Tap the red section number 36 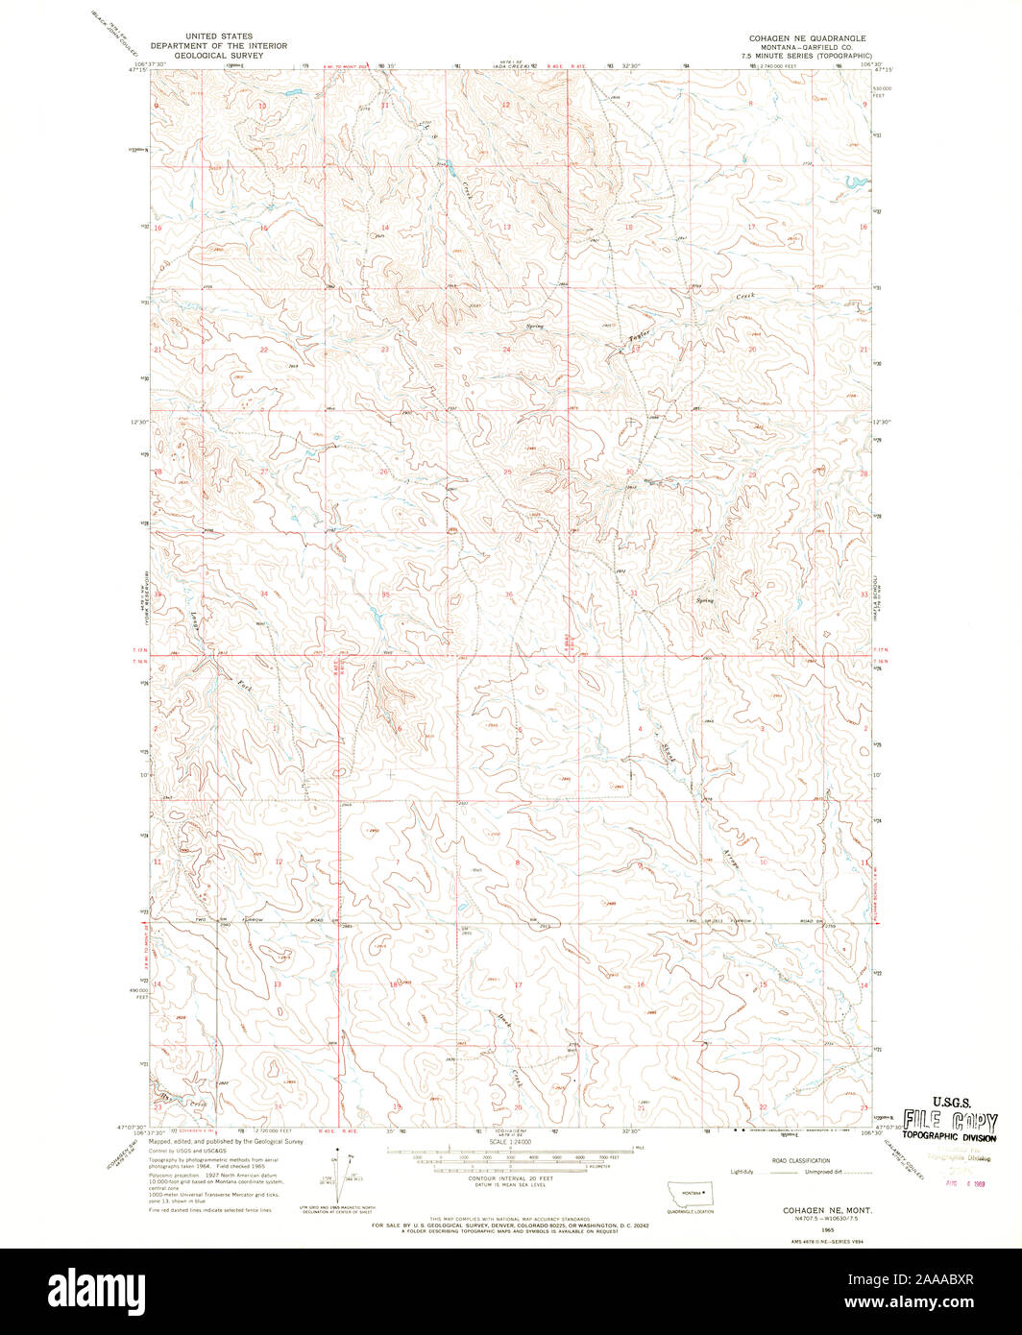tap(508, 595)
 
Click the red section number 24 tap(506, 350)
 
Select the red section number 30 tap(630, 472)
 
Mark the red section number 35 tap(386, 595)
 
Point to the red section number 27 tap(263, 472)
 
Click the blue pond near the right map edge tap(851, 181)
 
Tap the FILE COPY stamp tap(949, 1121)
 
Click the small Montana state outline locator tap(685, 1191)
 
